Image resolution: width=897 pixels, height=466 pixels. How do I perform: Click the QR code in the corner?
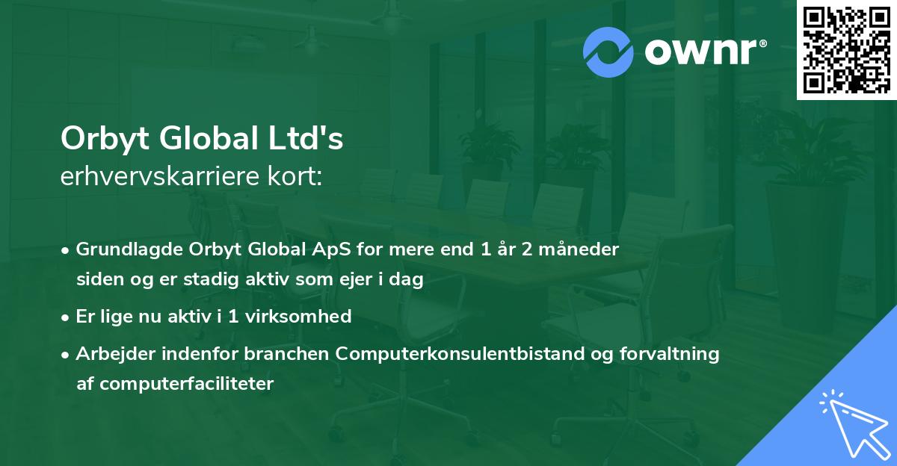[846, 49]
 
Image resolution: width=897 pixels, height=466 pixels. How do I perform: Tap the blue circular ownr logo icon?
[608, 52]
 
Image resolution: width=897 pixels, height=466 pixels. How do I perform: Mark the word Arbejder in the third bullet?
[109, 353]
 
